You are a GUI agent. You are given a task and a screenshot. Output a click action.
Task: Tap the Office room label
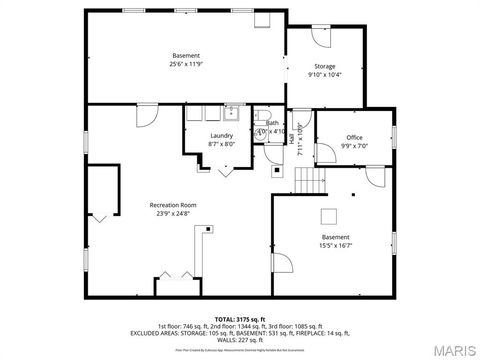[x=354, y=137]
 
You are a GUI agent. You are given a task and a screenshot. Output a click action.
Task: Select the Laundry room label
[x=221, y=136]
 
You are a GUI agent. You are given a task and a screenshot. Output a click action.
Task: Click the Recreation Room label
[x=173, y=204]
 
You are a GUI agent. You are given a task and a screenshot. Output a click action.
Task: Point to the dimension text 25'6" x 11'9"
[x=186, y=64]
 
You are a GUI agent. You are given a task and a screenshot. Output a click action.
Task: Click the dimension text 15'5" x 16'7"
[x=335, y=245]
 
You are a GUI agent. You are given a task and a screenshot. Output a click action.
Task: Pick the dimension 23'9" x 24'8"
[x=173, y=213]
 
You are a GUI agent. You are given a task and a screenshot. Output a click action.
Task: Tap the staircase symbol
[x=310, y=181]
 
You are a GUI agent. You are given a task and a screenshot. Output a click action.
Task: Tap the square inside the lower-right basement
[x=329, y=215]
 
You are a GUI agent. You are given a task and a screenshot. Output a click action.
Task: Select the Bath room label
[x=272, y=123]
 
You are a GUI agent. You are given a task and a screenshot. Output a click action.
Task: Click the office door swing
[x=375, y=177]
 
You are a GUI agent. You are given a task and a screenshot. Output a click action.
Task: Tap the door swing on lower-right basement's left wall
[x=281, y=264]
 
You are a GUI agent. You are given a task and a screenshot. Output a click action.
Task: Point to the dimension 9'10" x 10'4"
[x=325, y=74]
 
